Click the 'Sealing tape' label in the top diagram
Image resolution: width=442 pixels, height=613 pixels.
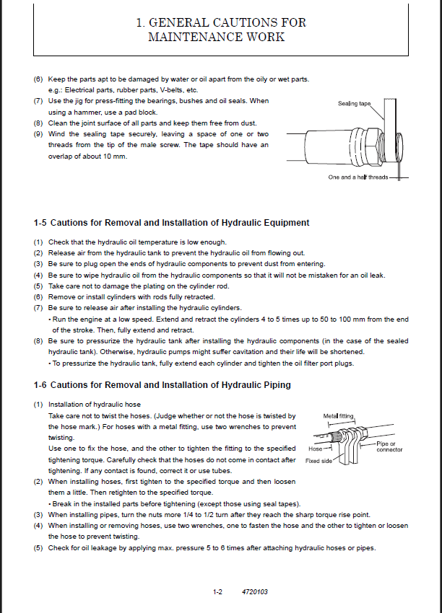[x=354, y=104]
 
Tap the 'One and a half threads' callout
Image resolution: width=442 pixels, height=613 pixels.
[x=358, y=177]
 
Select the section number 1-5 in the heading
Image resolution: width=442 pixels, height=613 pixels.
[x=40, y=223]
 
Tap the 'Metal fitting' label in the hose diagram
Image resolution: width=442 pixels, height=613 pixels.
[x=339, y=416]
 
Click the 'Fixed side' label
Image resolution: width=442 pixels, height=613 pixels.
[x=319, y=461]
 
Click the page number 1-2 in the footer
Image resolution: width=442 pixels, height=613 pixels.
[x=217, y=592]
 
